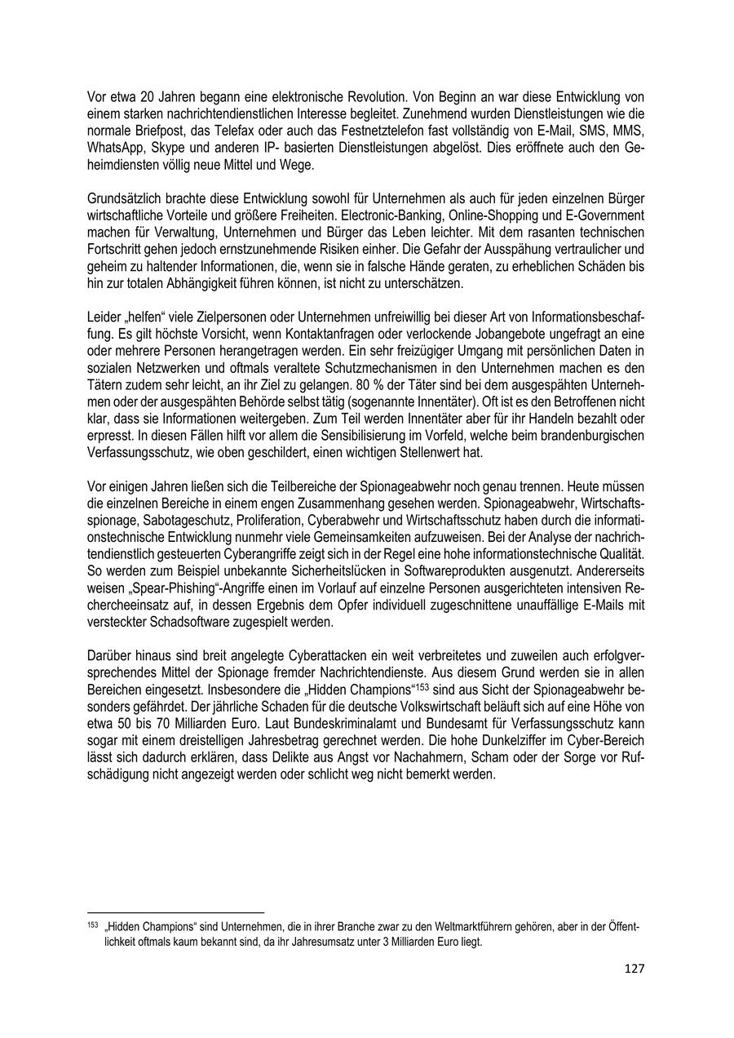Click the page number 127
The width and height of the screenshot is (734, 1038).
635,969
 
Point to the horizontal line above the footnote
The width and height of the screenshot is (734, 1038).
175,912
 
